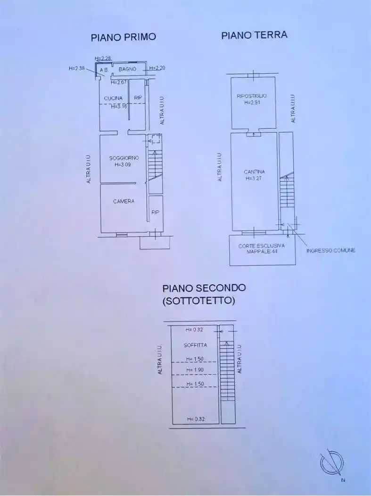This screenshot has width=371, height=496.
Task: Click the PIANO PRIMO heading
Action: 123,37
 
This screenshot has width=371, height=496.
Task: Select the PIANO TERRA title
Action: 254,35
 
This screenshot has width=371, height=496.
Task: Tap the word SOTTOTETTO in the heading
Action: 198,301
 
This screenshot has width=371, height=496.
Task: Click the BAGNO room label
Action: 127,69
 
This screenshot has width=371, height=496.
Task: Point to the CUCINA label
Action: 113,98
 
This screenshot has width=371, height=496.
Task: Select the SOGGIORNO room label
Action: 124,158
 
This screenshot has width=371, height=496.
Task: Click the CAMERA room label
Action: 124,201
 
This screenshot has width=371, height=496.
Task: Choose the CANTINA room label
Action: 254,172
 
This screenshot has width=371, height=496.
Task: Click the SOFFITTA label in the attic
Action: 195,345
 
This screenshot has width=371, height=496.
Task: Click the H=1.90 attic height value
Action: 195,370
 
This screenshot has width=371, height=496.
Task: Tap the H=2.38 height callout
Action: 76,68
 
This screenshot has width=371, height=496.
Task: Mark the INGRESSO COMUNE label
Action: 330,250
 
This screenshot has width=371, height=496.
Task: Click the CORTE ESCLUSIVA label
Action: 261,246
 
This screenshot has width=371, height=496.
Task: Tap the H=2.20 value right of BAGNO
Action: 157,68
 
